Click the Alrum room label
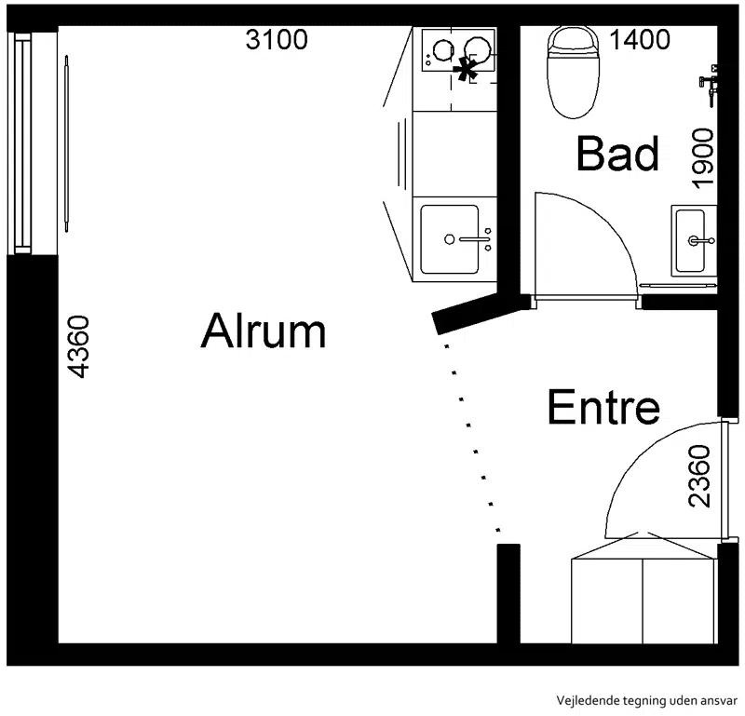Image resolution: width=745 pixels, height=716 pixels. click(264, 331)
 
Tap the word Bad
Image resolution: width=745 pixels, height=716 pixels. click(617, 153)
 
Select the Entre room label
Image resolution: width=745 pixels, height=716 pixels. click(603, 407)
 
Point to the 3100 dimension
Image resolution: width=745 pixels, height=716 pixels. click(277, 39)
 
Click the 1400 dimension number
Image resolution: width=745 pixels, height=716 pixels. click(640, 39)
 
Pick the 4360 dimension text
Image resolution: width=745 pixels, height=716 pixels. click(78, 347)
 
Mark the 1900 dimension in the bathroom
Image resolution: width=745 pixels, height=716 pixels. click(704, 158)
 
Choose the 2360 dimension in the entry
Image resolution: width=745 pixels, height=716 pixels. click(699, 476)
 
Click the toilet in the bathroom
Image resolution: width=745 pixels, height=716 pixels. click(573, 72)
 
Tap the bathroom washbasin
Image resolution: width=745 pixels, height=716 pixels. click(694, 241)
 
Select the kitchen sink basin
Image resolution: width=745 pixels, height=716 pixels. click(450, 239)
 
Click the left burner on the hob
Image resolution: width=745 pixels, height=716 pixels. click(443, 49)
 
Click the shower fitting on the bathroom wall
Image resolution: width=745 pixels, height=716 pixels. click(709, 85)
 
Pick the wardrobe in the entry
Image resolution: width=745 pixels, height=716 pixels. click(643, 600)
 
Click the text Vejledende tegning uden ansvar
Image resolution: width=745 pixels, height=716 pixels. click(646, 700)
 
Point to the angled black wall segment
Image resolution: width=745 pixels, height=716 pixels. click(479, 314)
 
